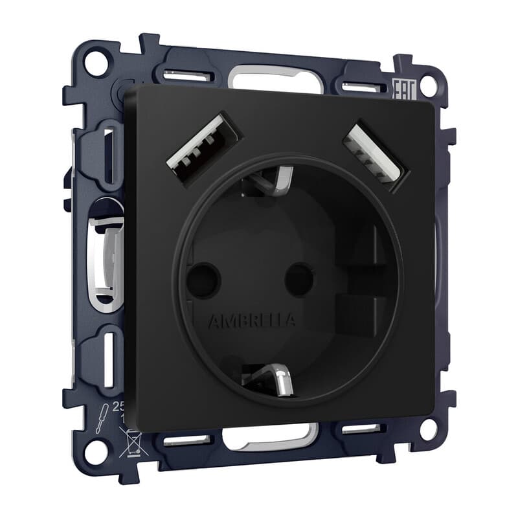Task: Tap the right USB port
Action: click(373, 156)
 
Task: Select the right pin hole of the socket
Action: click(299, 278)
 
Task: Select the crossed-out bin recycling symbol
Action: click(128, 444)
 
